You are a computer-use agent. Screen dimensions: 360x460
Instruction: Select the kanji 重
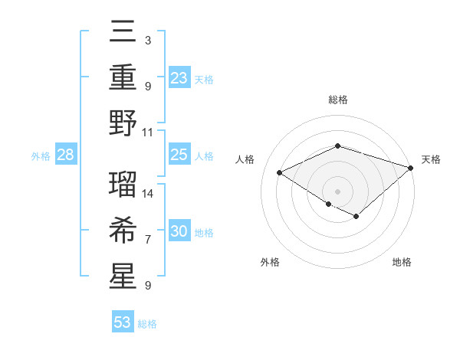pos(123,78)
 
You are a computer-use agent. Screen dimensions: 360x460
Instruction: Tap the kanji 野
pos(123,123)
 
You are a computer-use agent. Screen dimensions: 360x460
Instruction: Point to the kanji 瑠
pos(123,182)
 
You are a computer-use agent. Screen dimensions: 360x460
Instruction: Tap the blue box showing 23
pos(179,78)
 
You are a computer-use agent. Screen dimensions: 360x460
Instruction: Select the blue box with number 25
pos(179,155)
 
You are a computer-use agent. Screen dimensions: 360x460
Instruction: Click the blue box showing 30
pos(179,232)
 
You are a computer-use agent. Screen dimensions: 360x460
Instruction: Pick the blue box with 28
pos(65,155)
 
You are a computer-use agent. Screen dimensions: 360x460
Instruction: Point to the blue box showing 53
pos(122,322)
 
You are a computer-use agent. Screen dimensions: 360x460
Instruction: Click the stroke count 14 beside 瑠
pos(148,193)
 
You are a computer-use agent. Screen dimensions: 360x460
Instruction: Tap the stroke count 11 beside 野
pos(148,132)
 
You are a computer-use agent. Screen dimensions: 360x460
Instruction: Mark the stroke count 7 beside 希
pos(148,240)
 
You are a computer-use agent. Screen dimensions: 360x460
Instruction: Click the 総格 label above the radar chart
pos(337,100)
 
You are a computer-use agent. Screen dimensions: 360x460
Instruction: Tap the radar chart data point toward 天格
pos(412,168)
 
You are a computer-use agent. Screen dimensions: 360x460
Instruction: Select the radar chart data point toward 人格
pos(280,173)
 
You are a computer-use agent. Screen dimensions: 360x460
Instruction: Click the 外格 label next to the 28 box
pos(41,156)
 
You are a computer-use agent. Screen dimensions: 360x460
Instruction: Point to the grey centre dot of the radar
pos(337,190)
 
